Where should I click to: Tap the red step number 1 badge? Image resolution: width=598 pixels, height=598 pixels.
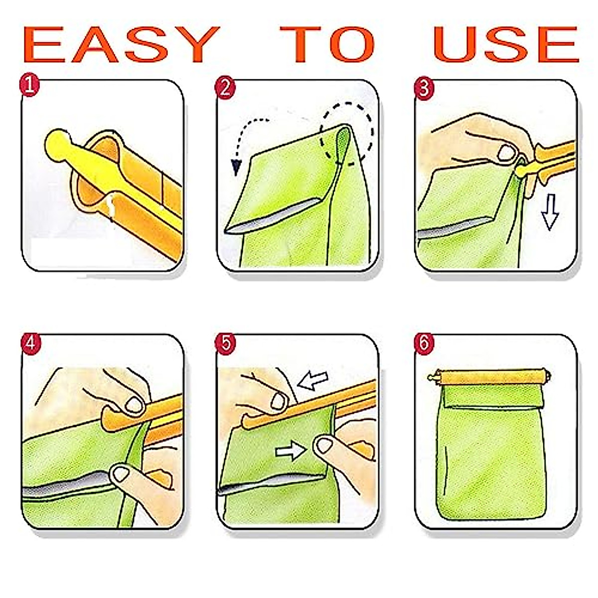click(x=29, y=85)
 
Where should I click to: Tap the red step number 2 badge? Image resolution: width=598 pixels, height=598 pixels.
click(x=225, y=88)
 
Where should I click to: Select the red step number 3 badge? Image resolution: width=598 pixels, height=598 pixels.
click(x=424, y=88)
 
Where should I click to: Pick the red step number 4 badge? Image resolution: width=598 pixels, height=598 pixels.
click(x=30, y=343)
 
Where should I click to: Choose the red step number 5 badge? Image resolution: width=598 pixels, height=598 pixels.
click(x=226, y=343)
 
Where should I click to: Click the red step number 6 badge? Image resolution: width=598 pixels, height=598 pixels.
click(x=424, y=343)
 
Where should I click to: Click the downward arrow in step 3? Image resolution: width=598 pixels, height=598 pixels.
click(x=550, y=212)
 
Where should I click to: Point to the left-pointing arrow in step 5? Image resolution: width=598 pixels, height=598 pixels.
click(x=312, y=380)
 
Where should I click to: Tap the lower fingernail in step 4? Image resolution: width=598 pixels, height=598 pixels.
click(x=121, y=473)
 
